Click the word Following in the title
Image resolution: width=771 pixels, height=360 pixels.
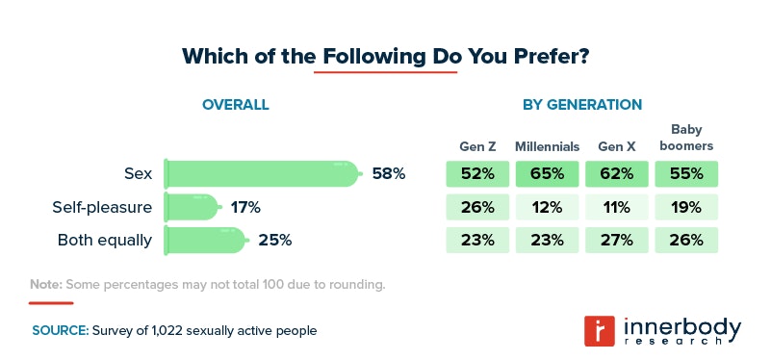point(373,56)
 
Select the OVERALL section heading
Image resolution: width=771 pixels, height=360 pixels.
point(235,104)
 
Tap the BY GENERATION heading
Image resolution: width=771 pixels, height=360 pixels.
point(581,104)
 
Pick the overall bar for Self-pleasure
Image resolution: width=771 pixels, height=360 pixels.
point(193,207)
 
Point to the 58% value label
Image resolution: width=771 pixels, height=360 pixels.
point(388,174)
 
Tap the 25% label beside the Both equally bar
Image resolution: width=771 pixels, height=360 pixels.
point(274,240)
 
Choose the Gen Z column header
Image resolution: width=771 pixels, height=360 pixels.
point(476,147)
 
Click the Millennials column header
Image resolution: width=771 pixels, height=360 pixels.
point(547,147)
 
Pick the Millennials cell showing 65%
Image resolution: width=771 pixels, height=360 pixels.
point(547,174)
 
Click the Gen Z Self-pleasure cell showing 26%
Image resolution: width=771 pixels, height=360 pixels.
point(476,207)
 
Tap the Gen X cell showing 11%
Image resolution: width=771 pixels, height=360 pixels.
point(616,207)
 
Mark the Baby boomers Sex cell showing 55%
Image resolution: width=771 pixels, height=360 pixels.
point(686,174)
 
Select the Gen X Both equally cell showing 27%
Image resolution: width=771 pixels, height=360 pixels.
point(616,240)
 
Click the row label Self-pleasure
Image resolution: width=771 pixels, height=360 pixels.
point(102,207)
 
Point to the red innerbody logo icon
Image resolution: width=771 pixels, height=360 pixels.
point(601,330)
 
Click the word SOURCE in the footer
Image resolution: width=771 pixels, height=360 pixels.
point(59,330)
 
